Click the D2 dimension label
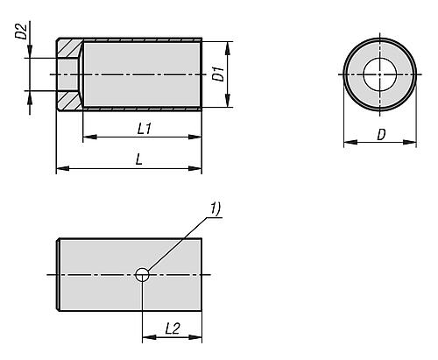pos(21,32)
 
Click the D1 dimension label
pos(218,74)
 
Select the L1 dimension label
pos(145,129)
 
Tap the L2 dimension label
pos(173,328)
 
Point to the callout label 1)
pos(215,209)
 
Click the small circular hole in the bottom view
pos(142,275)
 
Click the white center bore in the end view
pos(379,74)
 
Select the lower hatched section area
pos(69,100)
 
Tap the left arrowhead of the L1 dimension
pos(90,137)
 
